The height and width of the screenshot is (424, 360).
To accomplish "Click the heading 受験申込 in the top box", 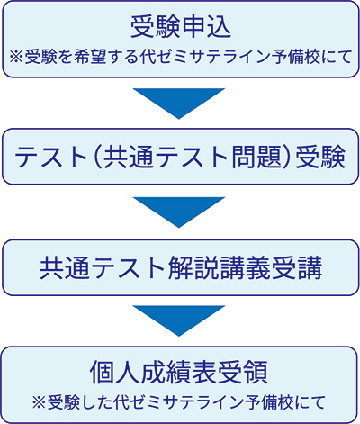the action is click(181, 26).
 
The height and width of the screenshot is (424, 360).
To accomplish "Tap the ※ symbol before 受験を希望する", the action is click(16, 57).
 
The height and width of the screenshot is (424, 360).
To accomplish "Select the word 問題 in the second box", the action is click(256, 157).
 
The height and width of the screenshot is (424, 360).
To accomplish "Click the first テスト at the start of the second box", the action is click(51, 157).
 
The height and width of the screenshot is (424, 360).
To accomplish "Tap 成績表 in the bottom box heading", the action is click(178, 373).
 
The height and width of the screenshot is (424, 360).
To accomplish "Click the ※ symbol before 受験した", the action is click(40, 402).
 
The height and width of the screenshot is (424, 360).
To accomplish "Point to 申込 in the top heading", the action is click(206, 26).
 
